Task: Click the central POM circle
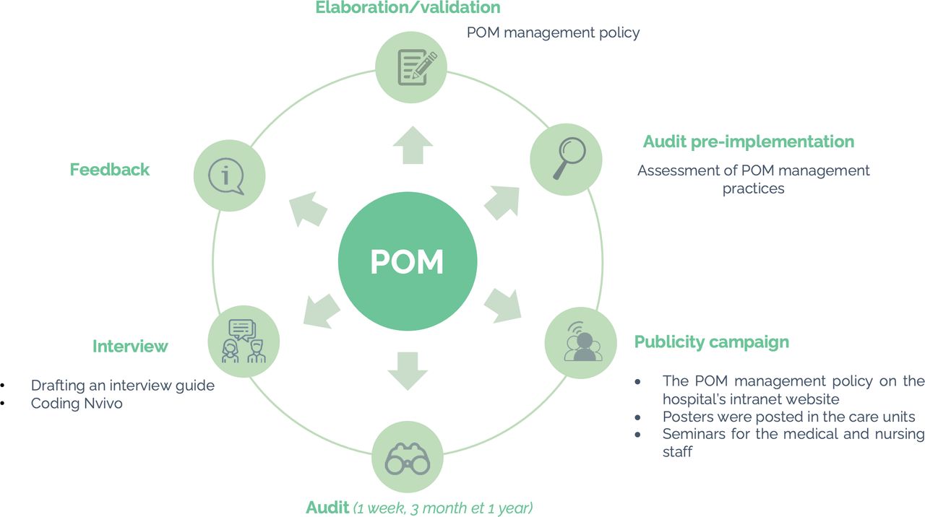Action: (407, 261)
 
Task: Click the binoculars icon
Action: (407, 458)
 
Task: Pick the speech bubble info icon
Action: (229, 175)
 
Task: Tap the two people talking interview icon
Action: (244, 341)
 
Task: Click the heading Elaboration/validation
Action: (408, 8)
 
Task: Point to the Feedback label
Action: (110, 170)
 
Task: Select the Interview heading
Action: (130, 347)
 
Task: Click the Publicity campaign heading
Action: (711, 342)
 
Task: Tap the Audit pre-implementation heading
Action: (749, 142)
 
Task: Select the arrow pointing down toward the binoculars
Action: (407, 370)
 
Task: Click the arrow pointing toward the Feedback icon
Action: (306, 209)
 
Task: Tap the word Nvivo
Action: (101, 404)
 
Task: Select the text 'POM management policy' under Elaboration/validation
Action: (553, 32)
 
